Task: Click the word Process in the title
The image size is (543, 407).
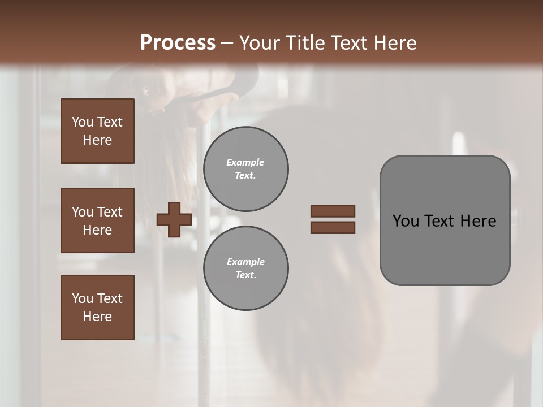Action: (178, 43)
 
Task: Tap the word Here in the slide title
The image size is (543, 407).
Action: (394, 43)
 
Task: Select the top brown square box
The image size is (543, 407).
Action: (97, 131)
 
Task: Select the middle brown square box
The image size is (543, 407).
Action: (97, 220)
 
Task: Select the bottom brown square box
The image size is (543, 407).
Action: (97, 308)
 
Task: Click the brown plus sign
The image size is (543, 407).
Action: (174, 220)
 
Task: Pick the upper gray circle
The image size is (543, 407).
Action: (246, 169)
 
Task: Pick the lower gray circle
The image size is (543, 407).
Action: (246, 269)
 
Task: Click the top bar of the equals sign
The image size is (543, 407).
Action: (333, 211)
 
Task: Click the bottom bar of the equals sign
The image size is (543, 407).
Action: (333, 228)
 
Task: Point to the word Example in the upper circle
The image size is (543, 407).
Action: (245, 162)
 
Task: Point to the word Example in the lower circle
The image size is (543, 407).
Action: (245, 262)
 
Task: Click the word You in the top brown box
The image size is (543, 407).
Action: (83, 122)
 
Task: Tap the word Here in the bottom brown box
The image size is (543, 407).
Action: (97, 317)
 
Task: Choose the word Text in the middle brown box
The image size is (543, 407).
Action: (110, 212)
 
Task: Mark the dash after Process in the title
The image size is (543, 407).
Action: (227, 44)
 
